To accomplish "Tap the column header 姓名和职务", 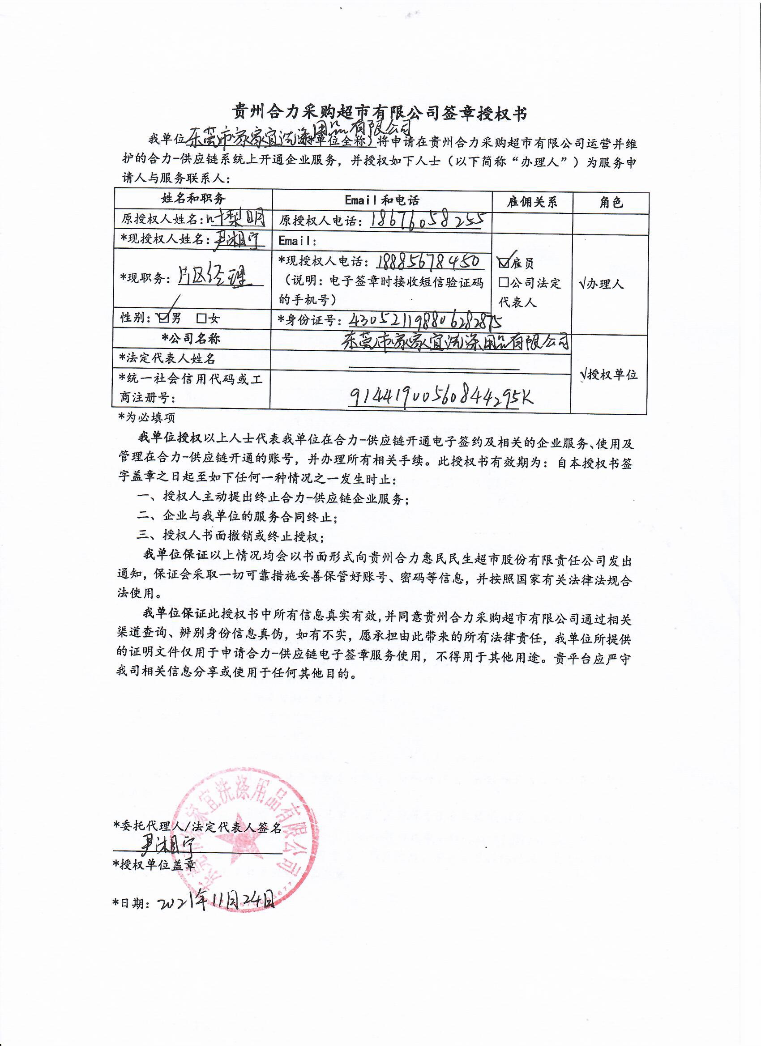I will coord(193,199).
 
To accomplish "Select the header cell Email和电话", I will coord(382,200).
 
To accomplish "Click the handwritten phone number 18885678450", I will coord(429,261).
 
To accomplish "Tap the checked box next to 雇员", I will coord(504,263).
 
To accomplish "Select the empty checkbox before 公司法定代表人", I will coord(504,282).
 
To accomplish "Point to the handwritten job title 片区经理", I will coord(214,277).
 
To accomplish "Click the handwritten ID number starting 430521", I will coord(425,319).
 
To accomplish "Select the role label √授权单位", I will coord(609,374).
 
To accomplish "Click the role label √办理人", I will coord(601,284).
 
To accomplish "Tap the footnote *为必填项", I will coord(147,417).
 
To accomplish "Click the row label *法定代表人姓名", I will coord(167,358).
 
